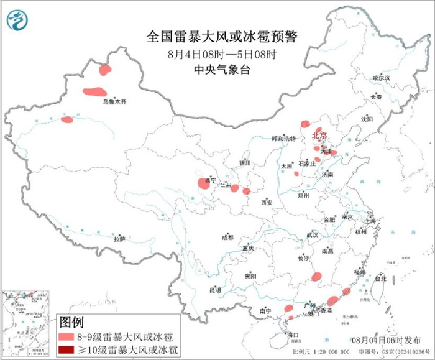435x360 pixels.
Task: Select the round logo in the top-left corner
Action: pos(18,21)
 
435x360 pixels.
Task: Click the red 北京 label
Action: pos(318,134)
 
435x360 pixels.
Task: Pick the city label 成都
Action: pos(227,237)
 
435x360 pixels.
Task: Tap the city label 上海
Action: pos(371,221)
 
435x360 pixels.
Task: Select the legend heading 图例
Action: pos(71,322)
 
